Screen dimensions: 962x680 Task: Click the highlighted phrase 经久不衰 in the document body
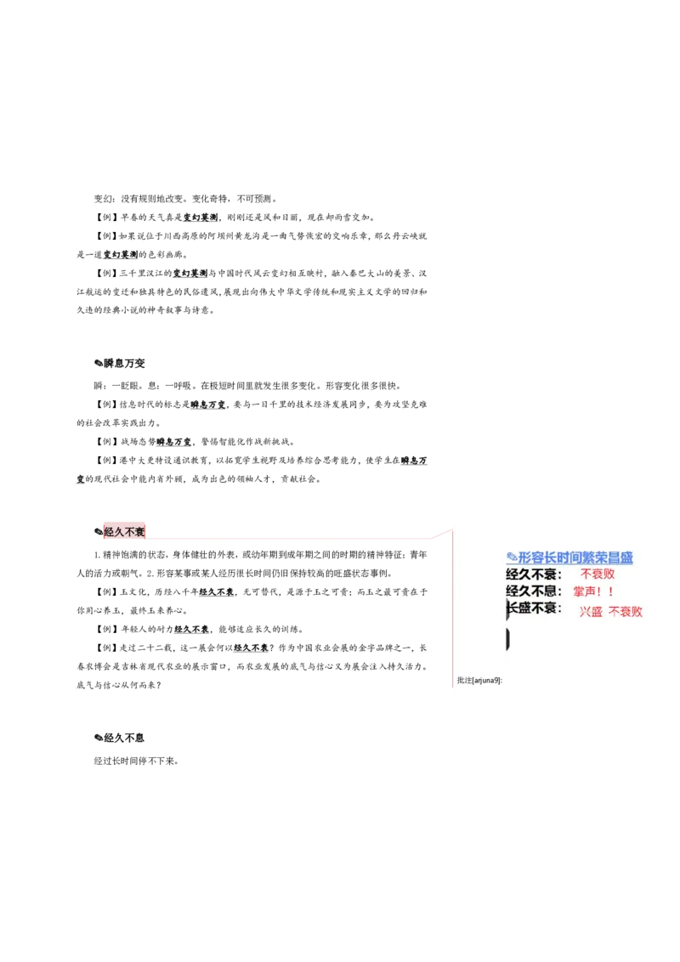pyautogui.click(x=124, y=532)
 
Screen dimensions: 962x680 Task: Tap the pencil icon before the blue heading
pyautogui.click(x=512, y=557)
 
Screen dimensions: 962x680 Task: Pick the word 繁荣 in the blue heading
pyautogui.click(x=597, y=558)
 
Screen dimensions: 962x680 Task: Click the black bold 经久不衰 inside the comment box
pyautogui.click(x=533, y=574)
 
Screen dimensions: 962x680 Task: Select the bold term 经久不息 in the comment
pyautogui.click(x=533, y=591)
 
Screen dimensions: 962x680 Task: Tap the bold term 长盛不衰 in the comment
pyautogui.click(x=534, y=608)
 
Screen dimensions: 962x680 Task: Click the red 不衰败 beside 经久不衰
pyautogui.click(x=598, y=574)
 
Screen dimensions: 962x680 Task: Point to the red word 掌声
pyautogui.click(x=585, y=591)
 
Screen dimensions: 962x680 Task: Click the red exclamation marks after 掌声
pyautogui.click(x=606, y=591)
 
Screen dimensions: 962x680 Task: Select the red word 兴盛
pyautogui.click(x=591, y=612)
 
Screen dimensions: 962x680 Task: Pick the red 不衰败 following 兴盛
pyautogui.click(x=626, y=612)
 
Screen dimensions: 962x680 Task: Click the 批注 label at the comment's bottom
pyautogui.click(x=464, y=681)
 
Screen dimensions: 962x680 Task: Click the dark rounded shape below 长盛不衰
pyautogui.click(x=507, y=639)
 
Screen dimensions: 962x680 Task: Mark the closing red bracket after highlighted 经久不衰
pyautogui.click(x=147, y=533)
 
